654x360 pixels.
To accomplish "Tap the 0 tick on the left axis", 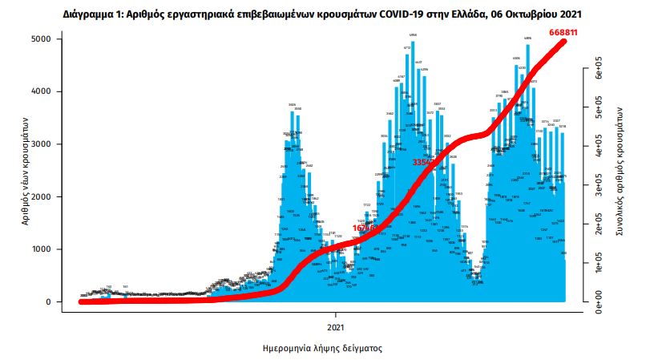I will [x=48, y=302].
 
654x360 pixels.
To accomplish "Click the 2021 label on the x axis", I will [x=337, y=328].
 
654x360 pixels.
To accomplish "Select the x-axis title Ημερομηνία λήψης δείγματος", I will [x=322, y=350].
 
